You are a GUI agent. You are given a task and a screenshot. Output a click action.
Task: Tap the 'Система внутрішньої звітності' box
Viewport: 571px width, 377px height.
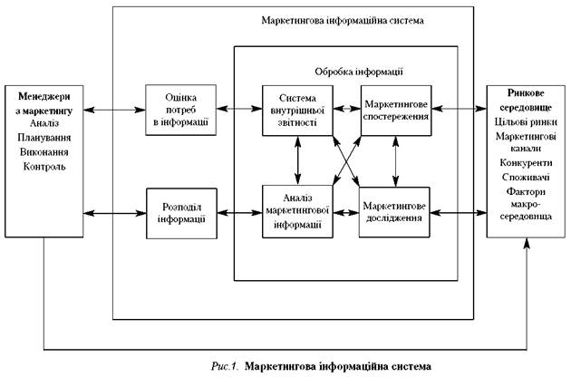click(297, 110)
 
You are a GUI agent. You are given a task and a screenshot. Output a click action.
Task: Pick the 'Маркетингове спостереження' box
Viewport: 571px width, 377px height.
click(395, 110)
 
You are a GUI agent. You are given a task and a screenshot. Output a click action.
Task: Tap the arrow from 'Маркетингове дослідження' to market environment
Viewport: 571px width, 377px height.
click(460, 214)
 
